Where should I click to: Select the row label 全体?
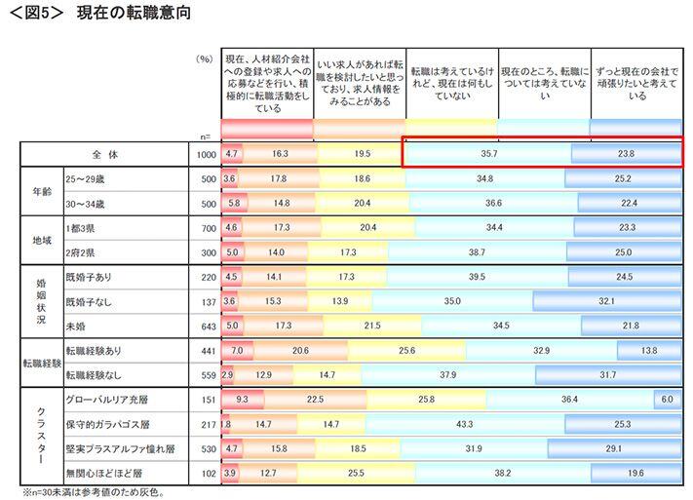(103, 154)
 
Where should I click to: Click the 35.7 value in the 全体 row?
(484, 154)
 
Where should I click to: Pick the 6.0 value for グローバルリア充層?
(668, 400)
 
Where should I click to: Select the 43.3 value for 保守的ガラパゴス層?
(464, 424)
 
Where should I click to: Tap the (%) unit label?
(203, 58)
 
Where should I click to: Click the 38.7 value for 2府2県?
(477, 251)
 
